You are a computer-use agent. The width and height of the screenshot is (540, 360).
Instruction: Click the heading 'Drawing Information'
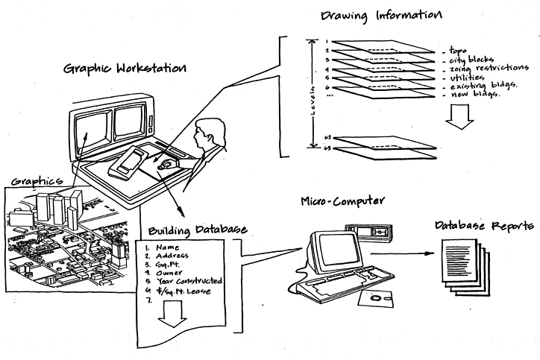(380, 15)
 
